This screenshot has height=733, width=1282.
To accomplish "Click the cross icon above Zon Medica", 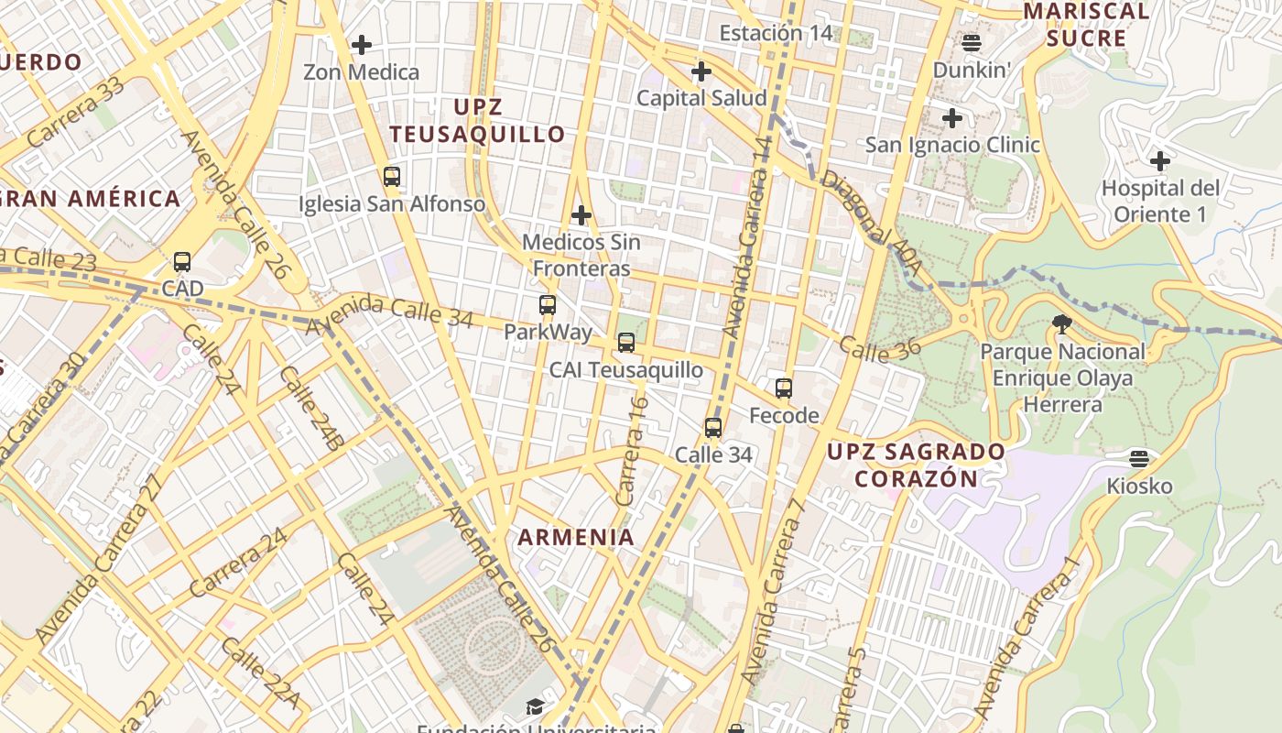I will point(362,44).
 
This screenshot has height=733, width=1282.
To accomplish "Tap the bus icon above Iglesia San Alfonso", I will point(392,177).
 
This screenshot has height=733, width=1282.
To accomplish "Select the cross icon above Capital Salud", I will point(701,71).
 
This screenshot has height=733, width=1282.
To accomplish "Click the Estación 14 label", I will point(776,34).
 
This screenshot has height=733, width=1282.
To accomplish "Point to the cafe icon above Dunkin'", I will point(972,42).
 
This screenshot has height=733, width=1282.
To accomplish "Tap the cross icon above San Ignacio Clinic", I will point(952,117).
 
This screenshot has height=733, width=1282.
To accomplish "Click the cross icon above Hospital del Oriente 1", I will point(1160,161).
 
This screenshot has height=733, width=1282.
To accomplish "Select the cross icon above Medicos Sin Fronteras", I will point(581,215).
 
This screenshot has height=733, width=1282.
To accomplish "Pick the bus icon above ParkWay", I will point(548,305).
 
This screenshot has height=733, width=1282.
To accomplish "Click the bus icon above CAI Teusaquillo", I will point(626,343).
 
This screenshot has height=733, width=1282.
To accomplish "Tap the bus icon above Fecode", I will point(784,388).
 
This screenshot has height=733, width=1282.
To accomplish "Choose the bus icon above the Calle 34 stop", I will point(713,427).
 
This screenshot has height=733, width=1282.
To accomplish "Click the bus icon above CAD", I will point(182,262).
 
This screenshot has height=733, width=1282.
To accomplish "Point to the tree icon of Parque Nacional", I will point(1062,323).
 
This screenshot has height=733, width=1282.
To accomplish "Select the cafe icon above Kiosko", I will point(1139,458).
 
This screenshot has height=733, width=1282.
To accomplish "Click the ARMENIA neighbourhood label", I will point(577,537).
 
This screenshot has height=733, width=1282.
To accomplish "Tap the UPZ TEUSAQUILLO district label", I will point(478,120).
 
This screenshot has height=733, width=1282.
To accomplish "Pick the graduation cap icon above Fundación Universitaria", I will point(535,706).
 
